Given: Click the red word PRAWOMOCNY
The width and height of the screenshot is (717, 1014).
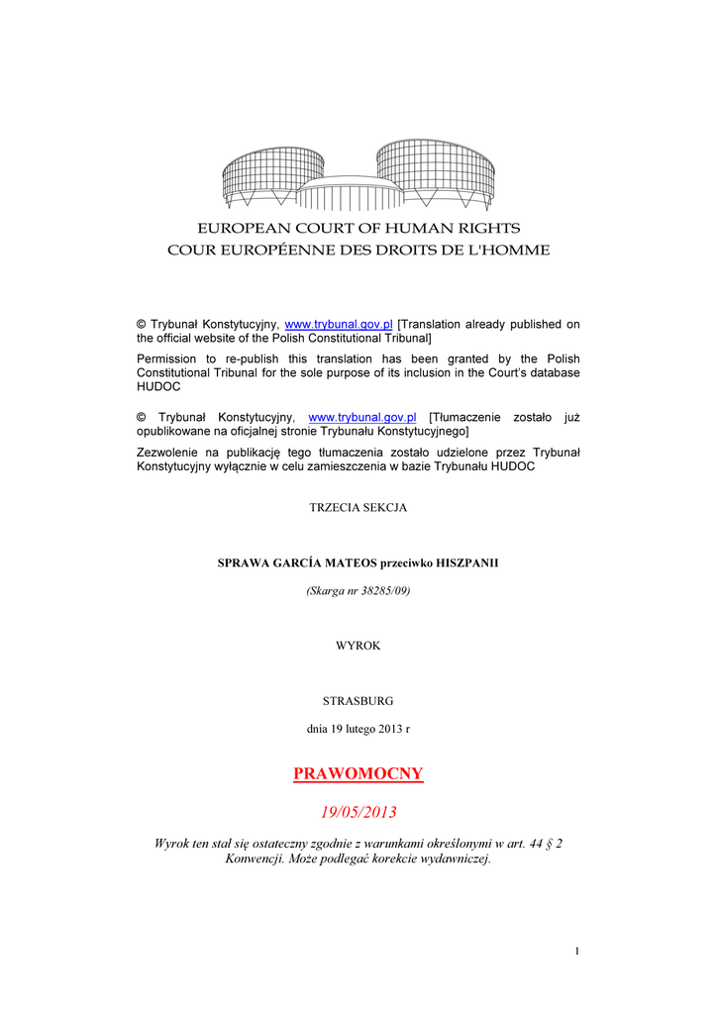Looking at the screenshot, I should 358,773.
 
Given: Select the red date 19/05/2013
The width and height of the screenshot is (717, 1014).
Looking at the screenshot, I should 358,812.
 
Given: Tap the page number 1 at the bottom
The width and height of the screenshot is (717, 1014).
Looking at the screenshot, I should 576,952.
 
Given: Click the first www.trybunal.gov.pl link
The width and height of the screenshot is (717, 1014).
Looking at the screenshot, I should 339,325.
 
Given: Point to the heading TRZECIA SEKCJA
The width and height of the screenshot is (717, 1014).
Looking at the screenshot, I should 358,507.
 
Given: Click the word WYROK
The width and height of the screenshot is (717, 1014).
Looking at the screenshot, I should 358,645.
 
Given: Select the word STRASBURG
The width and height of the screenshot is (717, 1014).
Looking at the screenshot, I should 358,700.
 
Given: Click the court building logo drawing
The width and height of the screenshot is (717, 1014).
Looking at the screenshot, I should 358,175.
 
